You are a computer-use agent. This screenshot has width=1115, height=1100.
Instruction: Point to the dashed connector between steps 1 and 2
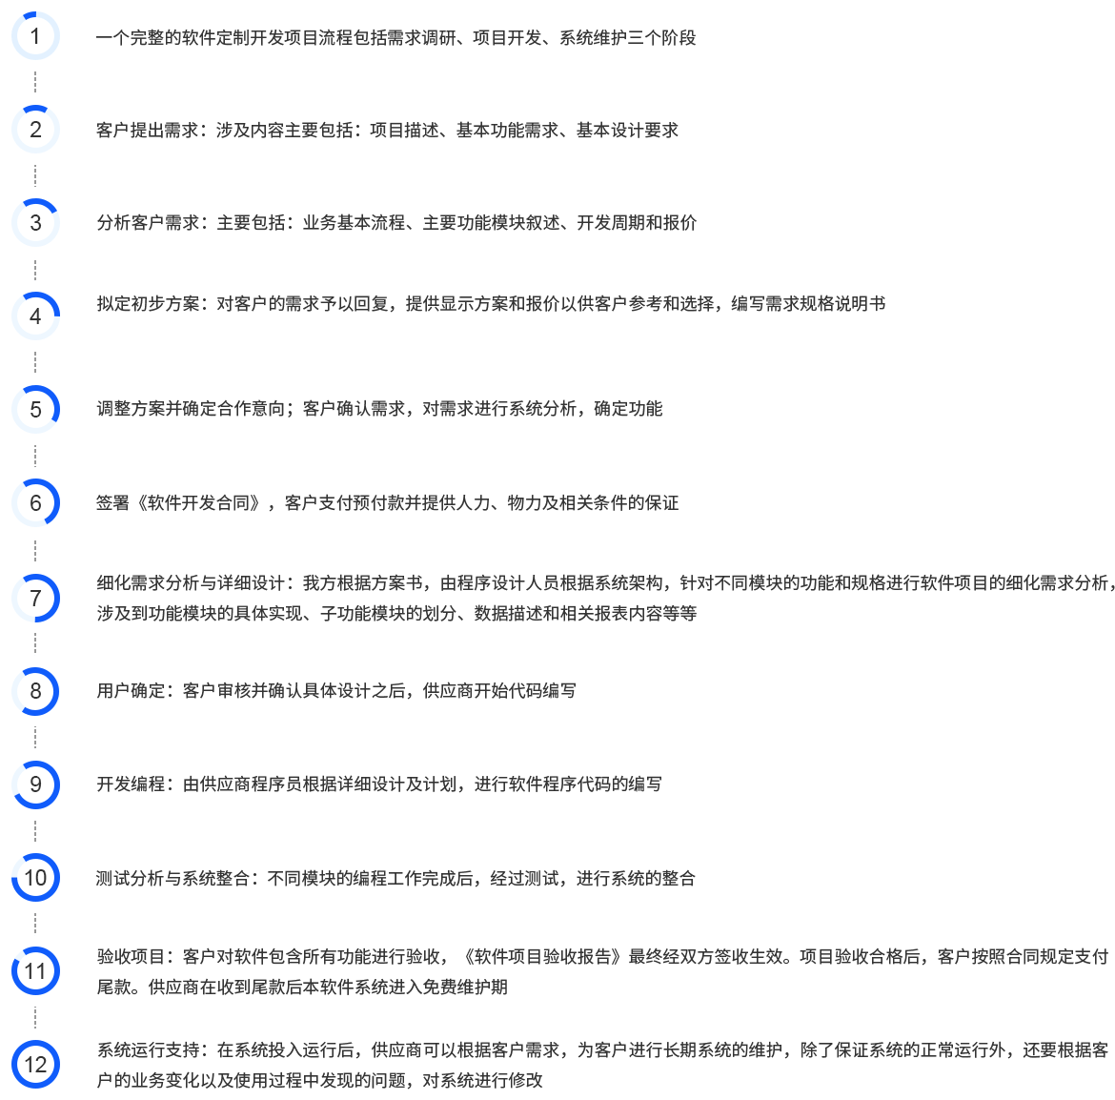pyautogui.click(x=35, y=82)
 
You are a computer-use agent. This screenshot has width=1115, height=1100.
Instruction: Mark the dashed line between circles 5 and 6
pyautogui.click(x=35, y=456)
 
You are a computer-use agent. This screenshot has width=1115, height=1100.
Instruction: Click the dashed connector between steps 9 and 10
pyautogui.click(x=35, y=830)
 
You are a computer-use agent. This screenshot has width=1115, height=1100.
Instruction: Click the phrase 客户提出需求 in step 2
pyautogui.click(x=148, y=131)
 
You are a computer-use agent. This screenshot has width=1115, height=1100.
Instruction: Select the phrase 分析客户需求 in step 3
pyautogui.click(x=148, y=222)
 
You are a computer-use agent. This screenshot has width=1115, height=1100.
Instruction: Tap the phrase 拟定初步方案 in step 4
pyautogui.click(x=148, y=304)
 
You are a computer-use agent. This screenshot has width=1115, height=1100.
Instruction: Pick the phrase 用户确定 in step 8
pyautogui.click(x=131, y=690)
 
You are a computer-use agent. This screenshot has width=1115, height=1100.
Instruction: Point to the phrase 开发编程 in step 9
pyautogui.click(x=131, y=784)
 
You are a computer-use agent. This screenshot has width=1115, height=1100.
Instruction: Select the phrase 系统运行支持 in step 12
pyautogui.click(x=148, y=1049)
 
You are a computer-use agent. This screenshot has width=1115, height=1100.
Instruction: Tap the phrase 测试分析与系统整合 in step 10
pyautogui.click(x=172, y=878)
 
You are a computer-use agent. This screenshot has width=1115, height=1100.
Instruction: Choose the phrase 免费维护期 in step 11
pyautogui.click(x=465, y=987)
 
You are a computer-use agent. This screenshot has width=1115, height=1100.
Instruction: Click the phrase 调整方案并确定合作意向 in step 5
pyautogui.click(x=191, y=408)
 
